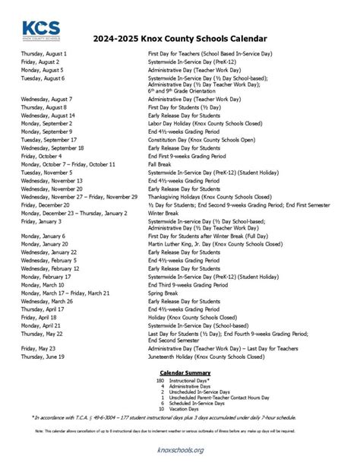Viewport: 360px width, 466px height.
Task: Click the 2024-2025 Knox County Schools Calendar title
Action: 180,40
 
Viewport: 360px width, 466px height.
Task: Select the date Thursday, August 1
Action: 44,55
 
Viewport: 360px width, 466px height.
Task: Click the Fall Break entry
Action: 160,164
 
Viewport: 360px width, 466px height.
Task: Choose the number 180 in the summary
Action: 160,379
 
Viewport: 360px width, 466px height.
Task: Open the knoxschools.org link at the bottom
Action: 180,450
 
